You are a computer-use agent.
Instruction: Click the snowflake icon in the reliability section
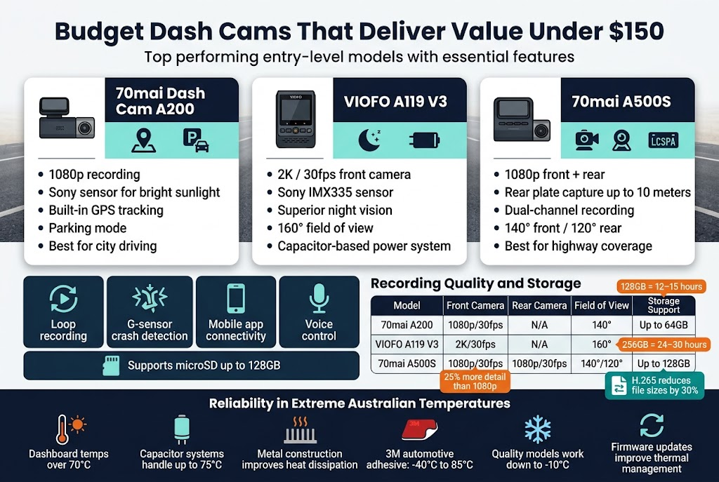(x=538, y=429)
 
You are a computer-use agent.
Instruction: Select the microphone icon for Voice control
(x=319, y=299)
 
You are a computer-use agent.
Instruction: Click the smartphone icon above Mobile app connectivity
(x=235, y=299)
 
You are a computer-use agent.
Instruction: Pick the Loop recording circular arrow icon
(x=63, y=299)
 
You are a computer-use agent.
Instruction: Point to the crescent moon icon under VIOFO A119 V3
(x=368, y=140)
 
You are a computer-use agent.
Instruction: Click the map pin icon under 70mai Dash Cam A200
(x=143, y=140)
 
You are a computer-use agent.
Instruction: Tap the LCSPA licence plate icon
(x=663, y=140)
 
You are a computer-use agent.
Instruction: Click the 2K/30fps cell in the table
(x=475, y=344)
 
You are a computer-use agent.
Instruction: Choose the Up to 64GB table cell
(x=663, y=325)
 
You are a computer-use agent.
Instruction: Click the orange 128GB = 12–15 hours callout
(x=661, y=287)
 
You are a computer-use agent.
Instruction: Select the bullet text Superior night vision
(x=335, y=210)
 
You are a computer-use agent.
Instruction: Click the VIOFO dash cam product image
(x=294, y=119)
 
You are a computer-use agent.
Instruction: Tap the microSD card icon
(x=111, y=366)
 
